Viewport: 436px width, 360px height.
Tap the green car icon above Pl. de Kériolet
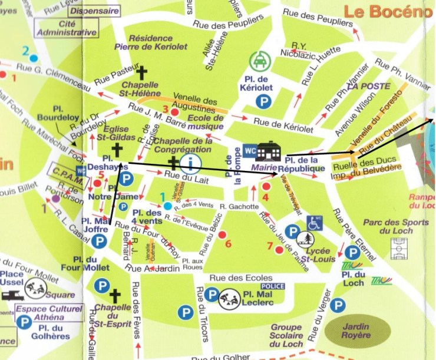coord(257,61)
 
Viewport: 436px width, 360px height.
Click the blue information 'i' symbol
coord(191,162)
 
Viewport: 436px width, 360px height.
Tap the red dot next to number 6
coord(222,235)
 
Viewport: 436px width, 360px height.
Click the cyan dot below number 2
coord(34,58)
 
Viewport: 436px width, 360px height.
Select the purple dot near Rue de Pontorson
coord(55,199)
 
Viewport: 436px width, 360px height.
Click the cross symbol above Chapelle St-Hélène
coord(141,73)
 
